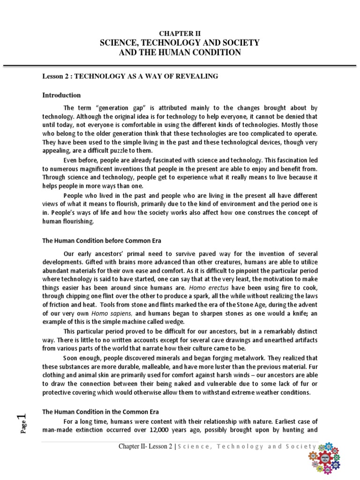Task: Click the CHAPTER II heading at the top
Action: click(180, 33)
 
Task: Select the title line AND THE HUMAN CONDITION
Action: click(180, 52)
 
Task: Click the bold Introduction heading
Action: click(61, 95)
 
